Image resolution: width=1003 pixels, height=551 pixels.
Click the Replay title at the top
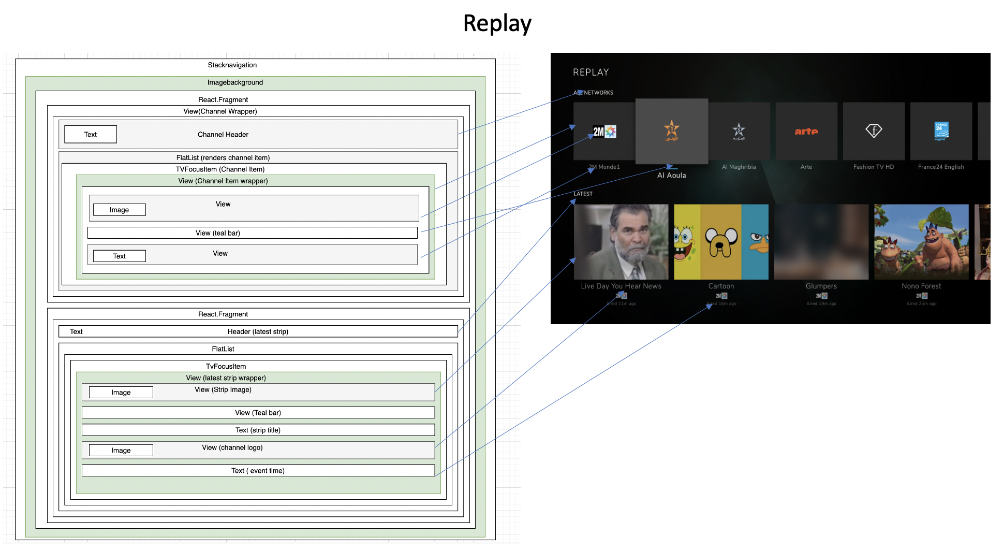(497, 24)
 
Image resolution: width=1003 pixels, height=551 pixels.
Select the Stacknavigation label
(232, 65)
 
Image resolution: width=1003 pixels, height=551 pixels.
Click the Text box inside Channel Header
(91, 135)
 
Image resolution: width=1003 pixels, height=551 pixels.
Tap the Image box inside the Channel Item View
(119, 210)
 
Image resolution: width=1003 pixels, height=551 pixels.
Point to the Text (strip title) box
(258, 430)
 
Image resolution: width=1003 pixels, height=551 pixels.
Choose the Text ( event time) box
(258, 471)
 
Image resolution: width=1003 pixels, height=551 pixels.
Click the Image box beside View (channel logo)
(121, 451)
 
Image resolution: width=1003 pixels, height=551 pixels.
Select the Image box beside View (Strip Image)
(121, 393)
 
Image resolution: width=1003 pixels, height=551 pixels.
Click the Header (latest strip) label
(258, 331)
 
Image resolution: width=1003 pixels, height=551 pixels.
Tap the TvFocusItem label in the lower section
(226, 367)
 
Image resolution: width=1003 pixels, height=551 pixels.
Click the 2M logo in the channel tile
(604, 132)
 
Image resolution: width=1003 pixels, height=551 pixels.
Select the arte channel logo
(806, 132)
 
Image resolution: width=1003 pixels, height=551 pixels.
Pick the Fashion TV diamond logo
(874, 131)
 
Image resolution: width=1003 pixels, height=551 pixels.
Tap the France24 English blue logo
(941, 131)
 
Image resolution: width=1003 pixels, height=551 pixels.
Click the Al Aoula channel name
(671, 176)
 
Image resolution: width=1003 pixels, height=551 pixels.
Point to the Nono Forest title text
(921, 286)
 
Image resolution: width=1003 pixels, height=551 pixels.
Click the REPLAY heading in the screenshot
(591, 72)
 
